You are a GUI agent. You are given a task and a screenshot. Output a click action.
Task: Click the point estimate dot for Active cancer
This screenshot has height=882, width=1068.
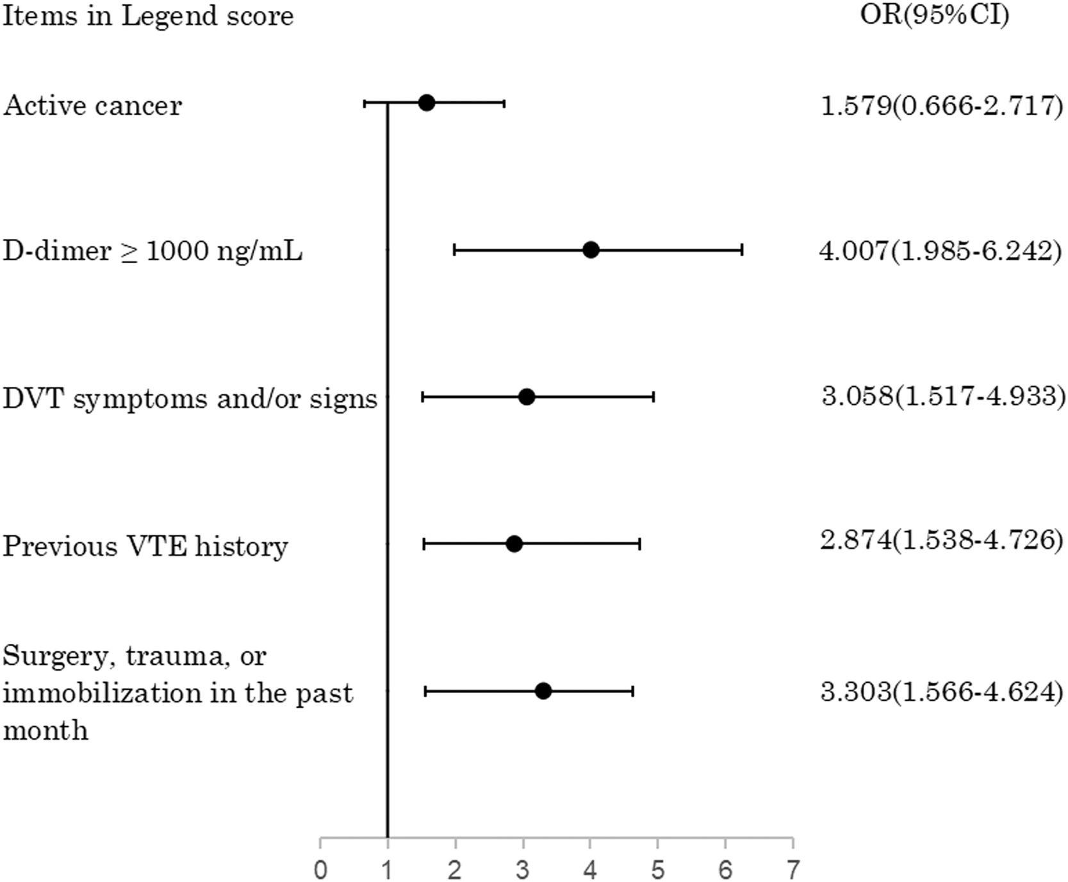[426, 102]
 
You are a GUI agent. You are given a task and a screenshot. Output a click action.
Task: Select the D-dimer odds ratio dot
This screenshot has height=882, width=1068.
[591, 250]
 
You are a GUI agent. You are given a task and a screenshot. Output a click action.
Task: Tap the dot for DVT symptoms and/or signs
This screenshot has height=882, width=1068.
[527, 397]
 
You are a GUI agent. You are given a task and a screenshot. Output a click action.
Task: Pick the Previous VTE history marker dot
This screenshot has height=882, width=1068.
[514, 544]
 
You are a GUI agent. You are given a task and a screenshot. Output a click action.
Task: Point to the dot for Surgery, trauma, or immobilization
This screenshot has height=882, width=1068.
[543, 691]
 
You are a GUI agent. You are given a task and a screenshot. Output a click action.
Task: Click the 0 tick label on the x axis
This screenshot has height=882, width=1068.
[320, 870]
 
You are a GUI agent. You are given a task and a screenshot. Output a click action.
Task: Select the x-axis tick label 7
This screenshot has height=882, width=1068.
[793, 870]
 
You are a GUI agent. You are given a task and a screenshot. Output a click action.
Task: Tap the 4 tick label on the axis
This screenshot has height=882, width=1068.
[591, 870]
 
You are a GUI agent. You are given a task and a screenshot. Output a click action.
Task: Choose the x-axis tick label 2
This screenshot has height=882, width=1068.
[456, 870]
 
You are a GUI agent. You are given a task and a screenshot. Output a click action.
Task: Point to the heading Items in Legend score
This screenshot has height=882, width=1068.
[148, 15]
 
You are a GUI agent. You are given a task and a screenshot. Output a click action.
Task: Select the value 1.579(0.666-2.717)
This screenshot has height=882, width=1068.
[942, 105]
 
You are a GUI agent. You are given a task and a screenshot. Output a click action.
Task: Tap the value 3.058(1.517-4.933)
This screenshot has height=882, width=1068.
[944, 397]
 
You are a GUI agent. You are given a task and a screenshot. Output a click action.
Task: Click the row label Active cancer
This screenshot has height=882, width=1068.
[92, 105]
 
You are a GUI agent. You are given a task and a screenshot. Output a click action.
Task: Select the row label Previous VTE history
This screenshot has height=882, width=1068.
[145, 546]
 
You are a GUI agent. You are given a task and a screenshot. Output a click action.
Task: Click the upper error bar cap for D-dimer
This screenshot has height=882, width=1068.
[742, 250]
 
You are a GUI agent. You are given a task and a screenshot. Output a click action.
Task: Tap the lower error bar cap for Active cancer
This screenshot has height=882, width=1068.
[365, 102]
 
